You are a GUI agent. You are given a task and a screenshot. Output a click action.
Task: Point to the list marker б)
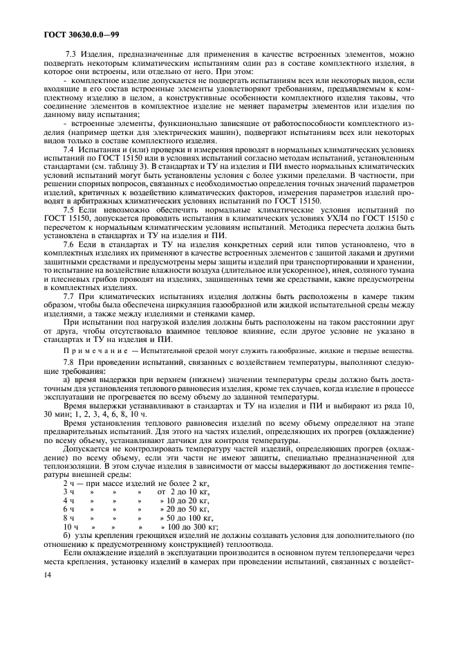pyautogui.click(x=67, y=535)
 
